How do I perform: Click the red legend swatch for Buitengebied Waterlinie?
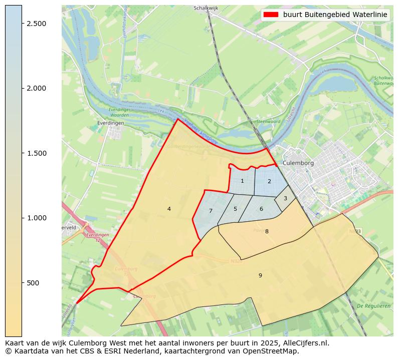(x=271, y=15)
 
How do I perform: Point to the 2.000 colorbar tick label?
(x=36, y=88)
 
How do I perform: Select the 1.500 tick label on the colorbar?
(x=36, y=153)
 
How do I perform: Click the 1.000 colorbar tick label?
(x=36, y=218)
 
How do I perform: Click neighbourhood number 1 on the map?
(x=242, y=181)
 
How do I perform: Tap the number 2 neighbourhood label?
(x=269, y=182)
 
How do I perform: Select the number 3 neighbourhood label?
(x=285, y=199)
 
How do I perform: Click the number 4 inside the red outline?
(x=169, y=209)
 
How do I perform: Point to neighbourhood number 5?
(x=235, y=209)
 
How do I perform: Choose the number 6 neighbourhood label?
(x=261, y=209)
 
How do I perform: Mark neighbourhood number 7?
(x=211, y=211)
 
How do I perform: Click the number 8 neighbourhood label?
(x=267, y=231)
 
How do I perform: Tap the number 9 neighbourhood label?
(x=260, y=275)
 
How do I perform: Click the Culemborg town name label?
(x=298, y=163)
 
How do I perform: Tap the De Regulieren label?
(x=373, y=306)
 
